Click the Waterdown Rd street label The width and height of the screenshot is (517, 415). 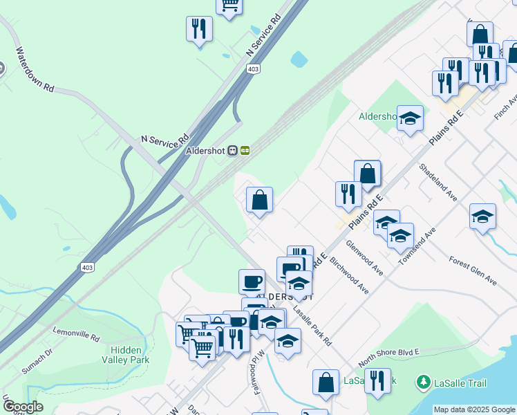coord(35,69)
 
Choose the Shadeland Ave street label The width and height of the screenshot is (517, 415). coord(438,183)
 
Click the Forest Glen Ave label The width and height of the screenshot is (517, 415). coord(473,271)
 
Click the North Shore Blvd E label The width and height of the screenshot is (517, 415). coord(389,358)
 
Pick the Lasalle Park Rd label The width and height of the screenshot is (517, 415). coord(312,326)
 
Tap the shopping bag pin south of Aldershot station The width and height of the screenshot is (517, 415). coord(259,201)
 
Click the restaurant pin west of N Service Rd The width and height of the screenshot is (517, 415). coord(199,29)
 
